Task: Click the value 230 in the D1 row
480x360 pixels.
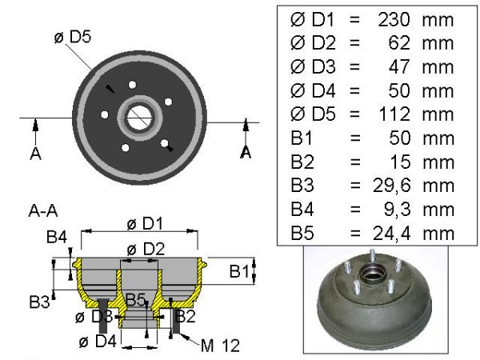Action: (x=394, y=19)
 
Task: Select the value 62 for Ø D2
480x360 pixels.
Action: (x=399, y=43)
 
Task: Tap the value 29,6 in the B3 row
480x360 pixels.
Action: (x=391, y=186)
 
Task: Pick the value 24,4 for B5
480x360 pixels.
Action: (x=391, y=234)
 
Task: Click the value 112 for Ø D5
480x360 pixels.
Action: (x=394, y=114)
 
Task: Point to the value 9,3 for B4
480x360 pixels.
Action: (x=397, y=210)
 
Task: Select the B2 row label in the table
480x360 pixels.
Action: (x=302, y=162)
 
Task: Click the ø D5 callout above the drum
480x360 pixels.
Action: (x=73, y=37)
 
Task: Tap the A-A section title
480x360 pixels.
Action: (x=43, y=210)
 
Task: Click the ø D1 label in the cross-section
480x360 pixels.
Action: (x=145, y=224)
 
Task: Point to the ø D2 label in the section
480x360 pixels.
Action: (x=146, y=249)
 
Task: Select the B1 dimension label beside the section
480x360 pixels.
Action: (x=239, y=271)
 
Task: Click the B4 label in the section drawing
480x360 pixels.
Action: (x=57, y=237)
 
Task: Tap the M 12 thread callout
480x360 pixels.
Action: (x=220, y=346)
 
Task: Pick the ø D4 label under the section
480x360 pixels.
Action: (x=98, y=341)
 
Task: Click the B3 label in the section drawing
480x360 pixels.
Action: (x=39, y=302)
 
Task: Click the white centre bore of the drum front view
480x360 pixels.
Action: (x=139, y=118)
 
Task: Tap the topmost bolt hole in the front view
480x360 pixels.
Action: (x=132, y=85)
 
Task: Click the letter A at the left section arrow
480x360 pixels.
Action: (x=35, y=153)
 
